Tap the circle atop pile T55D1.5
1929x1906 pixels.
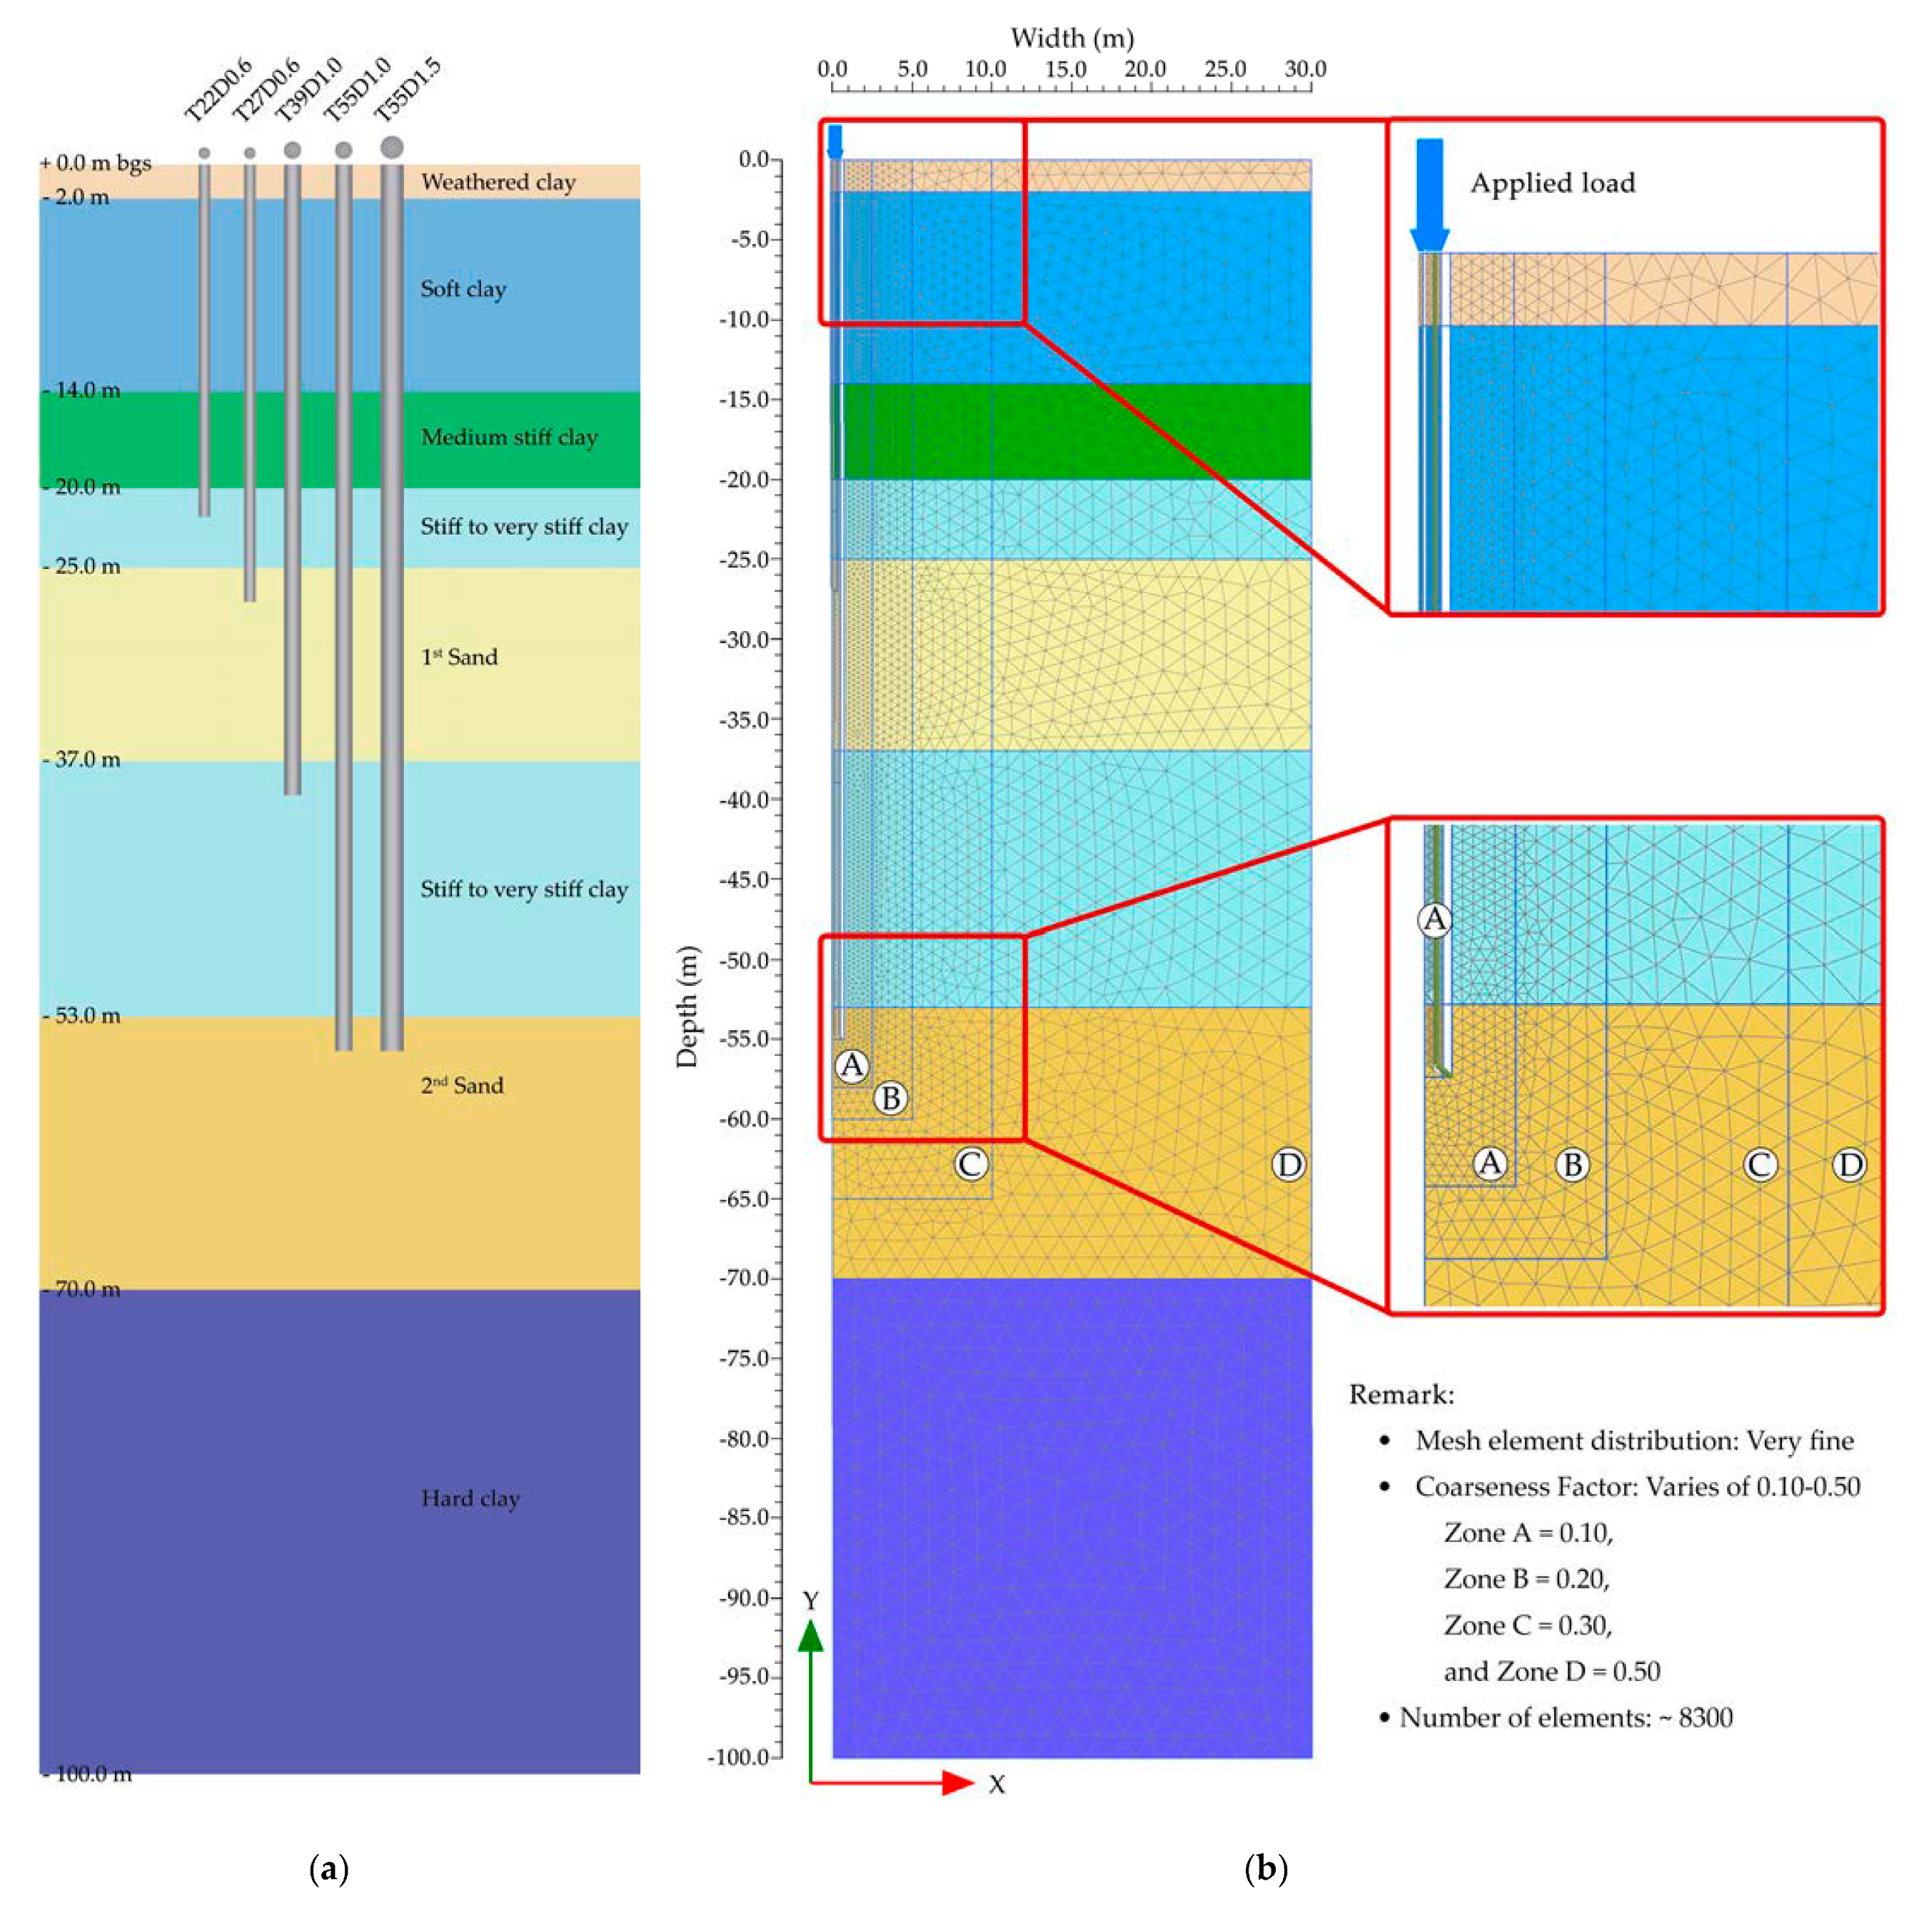pos(391,148)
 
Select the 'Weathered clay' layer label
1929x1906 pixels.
pos(498,182)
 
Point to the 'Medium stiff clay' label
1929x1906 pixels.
pos(509,438)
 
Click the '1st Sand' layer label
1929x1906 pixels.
pos(459,657)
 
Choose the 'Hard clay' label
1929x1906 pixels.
pos(470,1498)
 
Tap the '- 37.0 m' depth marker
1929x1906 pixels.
pos(82,760)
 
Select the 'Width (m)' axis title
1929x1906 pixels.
pos(1072,38)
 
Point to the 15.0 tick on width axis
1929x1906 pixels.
pos(1065,69)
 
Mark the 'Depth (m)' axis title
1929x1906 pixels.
pos(687,1007)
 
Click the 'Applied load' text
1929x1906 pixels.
pos(1553,183)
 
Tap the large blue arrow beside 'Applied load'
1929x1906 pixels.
pos(1430,195)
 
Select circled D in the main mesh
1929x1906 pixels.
pos(1289,1164)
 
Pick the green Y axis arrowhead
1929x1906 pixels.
pos(811,1635)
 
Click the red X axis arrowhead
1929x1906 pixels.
pos(959,1783)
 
